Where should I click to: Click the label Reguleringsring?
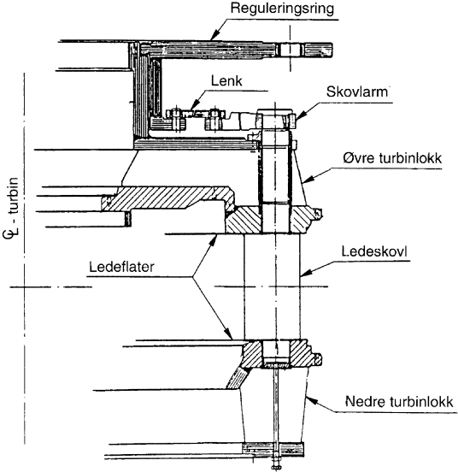point(282,9)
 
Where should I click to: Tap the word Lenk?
point(226,81)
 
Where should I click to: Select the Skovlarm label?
point(357,91)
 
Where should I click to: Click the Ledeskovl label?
point(374,251)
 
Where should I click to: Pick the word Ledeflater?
point(121,267)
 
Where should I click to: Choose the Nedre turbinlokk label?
point(398,401)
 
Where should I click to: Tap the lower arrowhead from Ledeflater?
point(229,334)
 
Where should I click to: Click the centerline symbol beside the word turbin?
point(13,233)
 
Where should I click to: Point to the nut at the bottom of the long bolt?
point(275,467)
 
